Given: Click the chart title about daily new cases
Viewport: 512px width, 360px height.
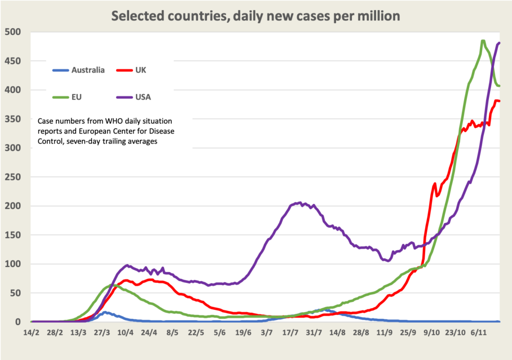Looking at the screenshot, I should pos(255,16).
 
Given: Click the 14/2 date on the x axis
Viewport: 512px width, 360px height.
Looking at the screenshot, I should pos(31,332).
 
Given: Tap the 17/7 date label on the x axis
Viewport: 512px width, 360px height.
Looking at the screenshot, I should pos(290,332).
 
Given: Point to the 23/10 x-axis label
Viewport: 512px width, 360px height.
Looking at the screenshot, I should pos(455,332).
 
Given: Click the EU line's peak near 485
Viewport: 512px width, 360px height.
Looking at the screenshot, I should pos(483,41).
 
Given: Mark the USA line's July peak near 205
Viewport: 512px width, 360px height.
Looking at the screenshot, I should pos(299,202).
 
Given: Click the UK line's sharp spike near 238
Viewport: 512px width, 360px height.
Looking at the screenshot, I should pos(434,184).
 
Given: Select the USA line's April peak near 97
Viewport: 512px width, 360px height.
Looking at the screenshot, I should pos(127,265).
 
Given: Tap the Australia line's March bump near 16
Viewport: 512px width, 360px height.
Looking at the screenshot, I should pos(105,312).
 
